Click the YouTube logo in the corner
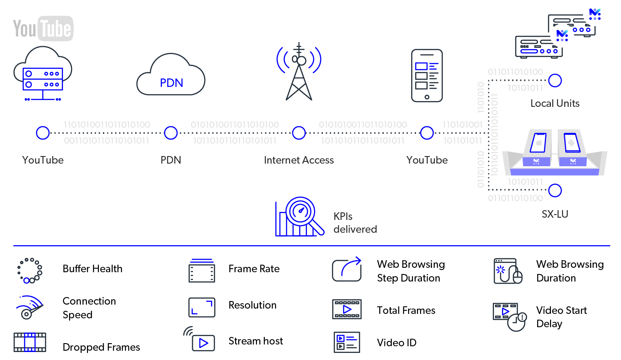43,28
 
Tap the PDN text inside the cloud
171,83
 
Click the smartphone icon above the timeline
427,75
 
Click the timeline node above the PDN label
171,133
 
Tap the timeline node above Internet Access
299,133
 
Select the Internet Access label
299,160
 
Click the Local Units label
555,103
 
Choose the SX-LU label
555,214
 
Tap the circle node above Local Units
555,81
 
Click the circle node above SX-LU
555,191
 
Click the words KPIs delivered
355,223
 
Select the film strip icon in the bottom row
30,342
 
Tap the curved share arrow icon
347,269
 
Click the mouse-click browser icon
507,271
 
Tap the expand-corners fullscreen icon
202,307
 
